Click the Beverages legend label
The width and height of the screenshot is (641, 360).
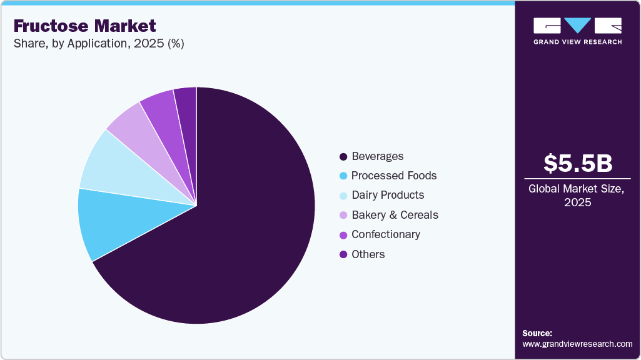[x=377, y=156]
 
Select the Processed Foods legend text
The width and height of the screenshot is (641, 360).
[x=394, y=176]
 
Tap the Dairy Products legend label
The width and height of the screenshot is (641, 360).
[x=388, y=195]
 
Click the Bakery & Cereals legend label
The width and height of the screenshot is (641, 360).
[x=395, y=215]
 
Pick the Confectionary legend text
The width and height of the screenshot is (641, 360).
[x=386, y=234]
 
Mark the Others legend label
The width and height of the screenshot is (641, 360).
[x=368, y=254]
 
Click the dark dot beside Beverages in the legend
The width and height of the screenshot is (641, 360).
[x=343, y=156]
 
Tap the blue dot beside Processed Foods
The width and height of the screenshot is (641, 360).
[x=343, y=176]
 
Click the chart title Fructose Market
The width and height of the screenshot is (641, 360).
[x=84, y=26]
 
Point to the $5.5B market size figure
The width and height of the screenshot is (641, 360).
[x=577, y=164]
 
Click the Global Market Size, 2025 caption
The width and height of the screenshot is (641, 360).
[x=577, y=195]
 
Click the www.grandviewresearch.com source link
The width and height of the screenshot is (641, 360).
[x=577, y=344]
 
